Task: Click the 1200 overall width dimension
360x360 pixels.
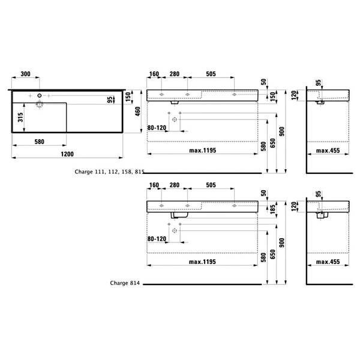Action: point(67,154)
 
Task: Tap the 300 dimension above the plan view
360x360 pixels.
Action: point(25,74)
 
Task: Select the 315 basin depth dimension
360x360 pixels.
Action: point(20,118)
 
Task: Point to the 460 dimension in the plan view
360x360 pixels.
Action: point(137,112)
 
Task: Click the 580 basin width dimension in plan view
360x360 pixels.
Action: point(39,142)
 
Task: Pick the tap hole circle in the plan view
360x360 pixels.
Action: point(40,95)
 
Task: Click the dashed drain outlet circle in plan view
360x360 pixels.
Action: point(40,104)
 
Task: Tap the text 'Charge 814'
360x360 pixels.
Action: point(125,283)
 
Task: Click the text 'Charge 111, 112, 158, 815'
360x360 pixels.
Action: point(109,172)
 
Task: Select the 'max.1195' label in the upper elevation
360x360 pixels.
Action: point(203,151)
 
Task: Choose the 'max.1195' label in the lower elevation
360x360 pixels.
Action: point(202,262)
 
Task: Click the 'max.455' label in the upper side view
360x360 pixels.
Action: point(328,151)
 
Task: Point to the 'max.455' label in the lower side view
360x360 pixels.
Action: point(328,262)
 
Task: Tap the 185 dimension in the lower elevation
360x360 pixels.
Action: point(272,209)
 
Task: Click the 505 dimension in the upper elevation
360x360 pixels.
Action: point(211,74)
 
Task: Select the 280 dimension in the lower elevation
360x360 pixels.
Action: point(175,185)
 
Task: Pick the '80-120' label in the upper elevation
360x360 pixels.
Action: point(157,128)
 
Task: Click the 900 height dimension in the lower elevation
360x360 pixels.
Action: point(282,242)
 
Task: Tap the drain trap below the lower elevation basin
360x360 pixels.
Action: point(179,215)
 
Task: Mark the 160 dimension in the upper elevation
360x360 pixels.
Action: point(154,74)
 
